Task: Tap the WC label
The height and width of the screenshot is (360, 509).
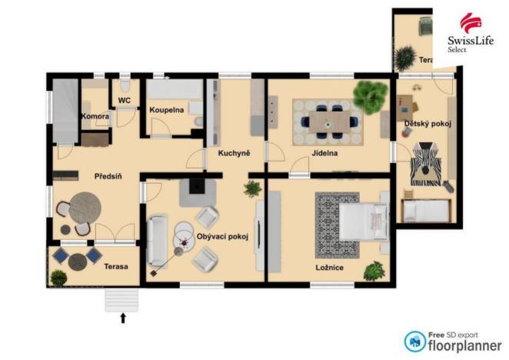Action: [x=124, y=100]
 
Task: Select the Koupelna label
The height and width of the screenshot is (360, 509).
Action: [x=167, y=110]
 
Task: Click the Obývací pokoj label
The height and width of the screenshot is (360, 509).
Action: [x=222, y=236]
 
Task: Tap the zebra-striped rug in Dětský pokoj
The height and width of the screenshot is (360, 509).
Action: [x=424, y=165]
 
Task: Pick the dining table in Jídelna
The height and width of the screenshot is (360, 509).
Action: [x=328, y=121]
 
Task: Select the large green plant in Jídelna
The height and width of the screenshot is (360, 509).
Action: [x=368, y=95]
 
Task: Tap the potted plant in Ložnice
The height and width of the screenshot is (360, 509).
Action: [x=374, y=271]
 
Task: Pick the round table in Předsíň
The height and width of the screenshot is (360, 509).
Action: [x=82, y=208]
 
